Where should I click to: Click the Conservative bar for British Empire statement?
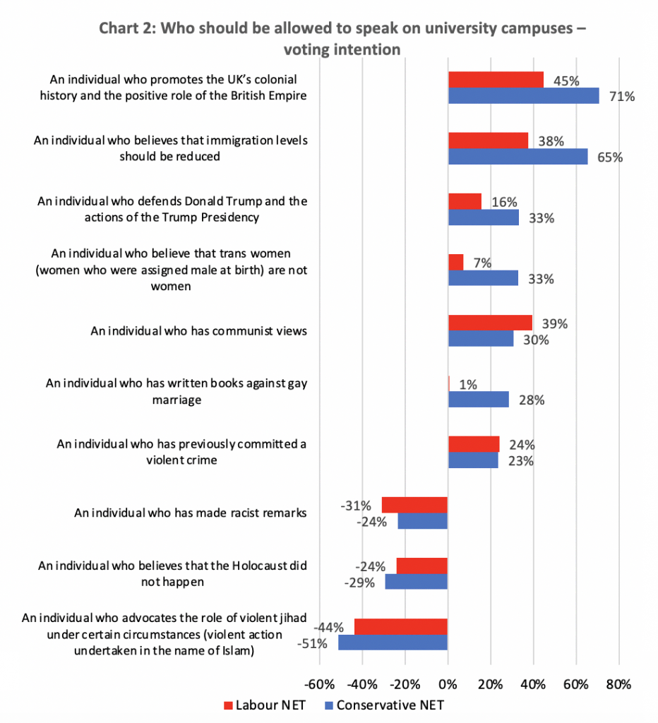(523, 96)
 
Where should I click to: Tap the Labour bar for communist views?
(490, 323)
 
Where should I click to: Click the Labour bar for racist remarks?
(414, 505)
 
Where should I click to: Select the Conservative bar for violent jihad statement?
(393, 643)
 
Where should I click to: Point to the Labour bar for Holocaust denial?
(421, 566)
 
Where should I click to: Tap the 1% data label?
(467, 385)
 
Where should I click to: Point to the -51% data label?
(322, 643)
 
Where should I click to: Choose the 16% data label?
(504, 202)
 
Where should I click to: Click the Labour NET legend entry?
(263, 705)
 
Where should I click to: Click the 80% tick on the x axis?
(619, 684)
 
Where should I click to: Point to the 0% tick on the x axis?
(448, 684)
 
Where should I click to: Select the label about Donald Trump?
(172, 209)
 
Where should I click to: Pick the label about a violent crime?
(181, 452)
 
